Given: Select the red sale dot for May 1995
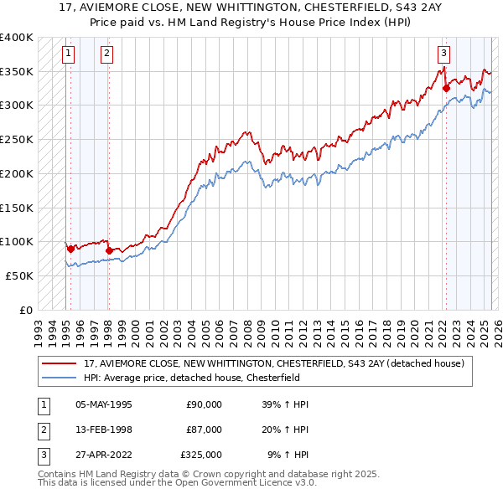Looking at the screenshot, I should click(x=70, y=248).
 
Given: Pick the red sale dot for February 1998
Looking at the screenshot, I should click(x=109, y=250).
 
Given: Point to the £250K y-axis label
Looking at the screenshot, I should click(x=16, y=139).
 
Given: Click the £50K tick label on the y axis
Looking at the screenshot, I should click(x=19, y=275).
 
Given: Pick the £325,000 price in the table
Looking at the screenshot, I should click(x=201, y=456).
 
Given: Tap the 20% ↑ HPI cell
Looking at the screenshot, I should click(x=288, y=430).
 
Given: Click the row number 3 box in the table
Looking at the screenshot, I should click(x=42, y=456).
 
